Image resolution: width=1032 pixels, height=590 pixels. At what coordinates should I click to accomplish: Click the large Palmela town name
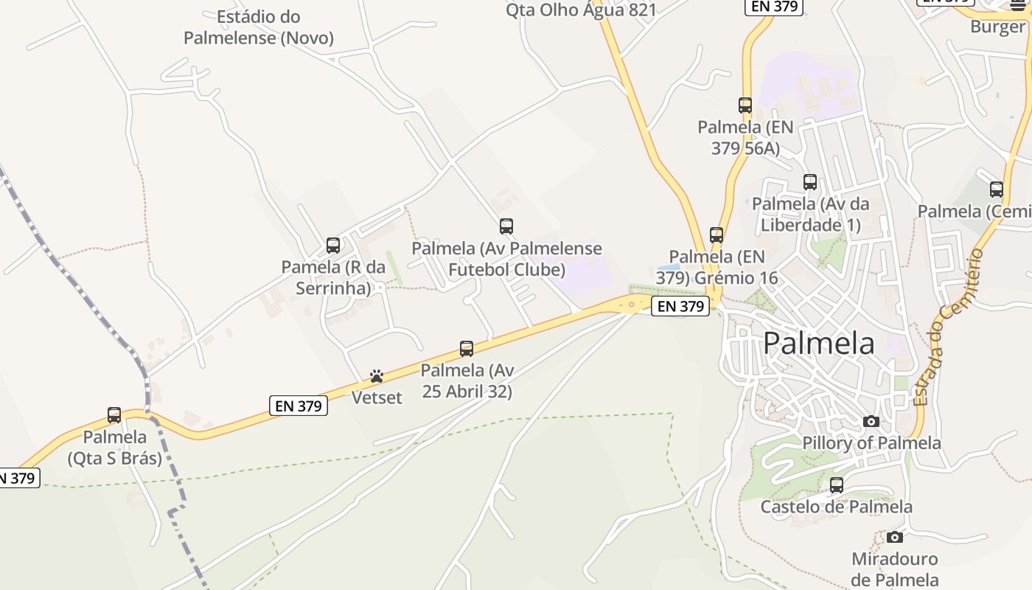tap(819, 344)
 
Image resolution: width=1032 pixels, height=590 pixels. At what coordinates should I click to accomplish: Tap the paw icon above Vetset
tap(377, 376)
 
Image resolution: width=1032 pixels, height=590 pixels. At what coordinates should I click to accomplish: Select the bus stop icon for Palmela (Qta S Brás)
tap(114, 415)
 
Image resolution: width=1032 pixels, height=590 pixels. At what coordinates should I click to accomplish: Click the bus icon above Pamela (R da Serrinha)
tap(333, 246)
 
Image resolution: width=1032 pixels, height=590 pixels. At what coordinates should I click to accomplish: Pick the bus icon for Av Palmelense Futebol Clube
tap(506, 226)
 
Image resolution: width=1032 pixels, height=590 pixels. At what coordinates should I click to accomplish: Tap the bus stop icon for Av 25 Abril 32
tap(467, 349)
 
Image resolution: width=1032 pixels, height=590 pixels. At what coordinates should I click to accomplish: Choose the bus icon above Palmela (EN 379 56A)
tap(745, 105)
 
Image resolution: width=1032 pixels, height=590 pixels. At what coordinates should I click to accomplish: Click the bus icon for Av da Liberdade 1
tap(810, 182)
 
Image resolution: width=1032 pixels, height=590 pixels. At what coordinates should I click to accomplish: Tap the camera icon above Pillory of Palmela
tap(871, 421)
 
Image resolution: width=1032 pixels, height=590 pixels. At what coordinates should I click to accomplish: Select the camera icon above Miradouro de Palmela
tap(895, 537)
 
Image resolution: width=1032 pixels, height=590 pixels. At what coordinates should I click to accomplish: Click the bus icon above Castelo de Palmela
tap(837, 485)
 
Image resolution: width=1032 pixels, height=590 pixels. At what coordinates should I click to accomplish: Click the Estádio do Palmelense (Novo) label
tap(259, 27)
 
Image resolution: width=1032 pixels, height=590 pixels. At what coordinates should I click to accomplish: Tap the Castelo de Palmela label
tap(837, 507)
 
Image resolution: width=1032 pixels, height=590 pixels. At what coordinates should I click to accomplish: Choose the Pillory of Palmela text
tap(872, 443)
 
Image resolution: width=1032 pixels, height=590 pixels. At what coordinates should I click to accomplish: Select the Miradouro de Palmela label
tap(895, 569)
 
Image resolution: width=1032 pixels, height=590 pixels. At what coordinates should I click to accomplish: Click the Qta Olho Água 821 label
tap(581, 10)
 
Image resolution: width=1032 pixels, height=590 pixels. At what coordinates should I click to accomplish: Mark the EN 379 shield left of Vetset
tap(299, 406)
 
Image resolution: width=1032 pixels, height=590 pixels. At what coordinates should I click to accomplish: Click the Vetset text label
tap(377, 398)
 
